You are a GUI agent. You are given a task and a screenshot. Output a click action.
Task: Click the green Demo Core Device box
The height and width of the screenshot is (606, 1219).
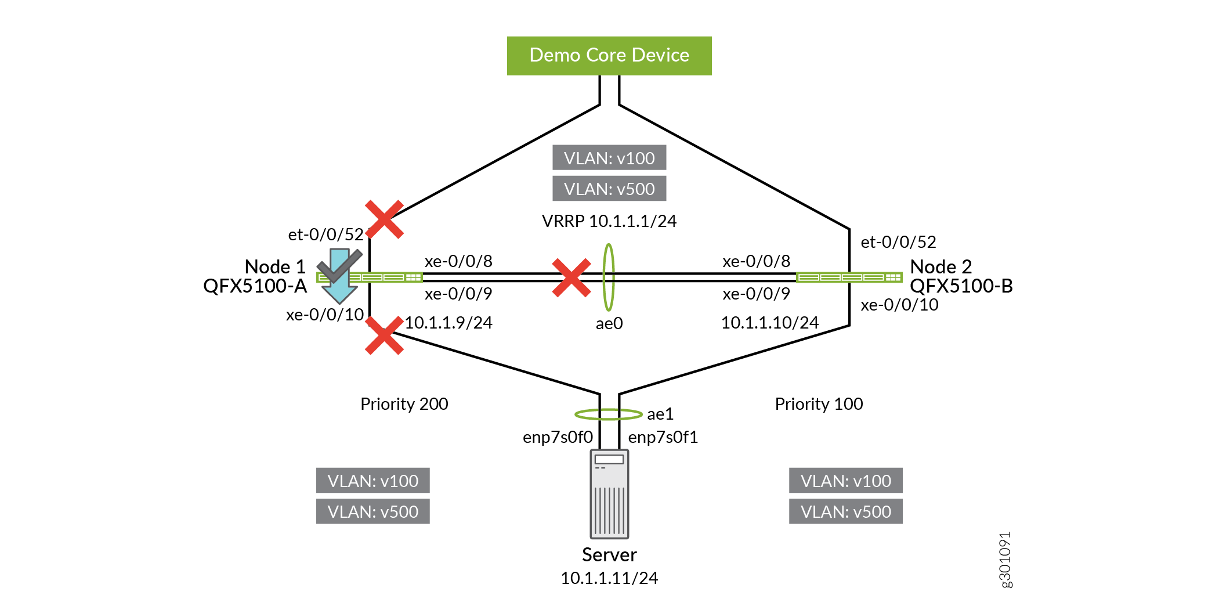coord(609,56)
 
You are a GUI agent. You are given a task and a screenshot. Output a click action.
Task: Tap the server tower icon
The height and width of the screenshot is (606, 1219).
coord(609,494)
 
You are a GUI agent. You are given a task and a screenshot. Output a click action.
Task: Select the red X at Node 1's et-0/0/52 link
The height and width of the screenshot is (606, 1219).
coord(384,219)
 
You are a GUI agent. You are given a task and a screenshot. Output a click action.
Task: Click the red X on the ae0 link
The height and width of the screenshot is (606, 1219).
coord(571,277)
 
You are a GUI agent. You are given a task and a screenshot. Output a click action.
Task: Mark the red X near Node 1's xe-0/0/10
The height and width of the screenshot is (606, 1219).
coord(384,336)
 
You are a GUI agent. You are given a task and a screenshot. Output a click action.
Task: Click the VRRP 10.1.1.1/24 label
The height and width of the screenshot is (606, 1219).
coord(609,221)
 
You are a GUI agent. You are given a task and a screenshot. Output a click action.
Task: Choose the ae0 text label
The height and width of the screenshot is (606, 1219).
coord(609,323)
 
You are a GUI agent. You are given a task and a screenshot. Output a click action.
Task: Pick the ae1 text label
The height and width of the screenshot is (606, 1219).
coord(660,414)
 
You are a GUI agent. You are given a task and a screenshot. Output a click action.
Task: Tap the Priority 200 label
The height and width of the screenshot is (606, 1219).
coord(404,404)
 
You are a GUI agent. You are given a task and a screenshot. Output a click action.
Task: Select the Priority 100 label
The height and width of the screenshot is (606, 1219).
coord(819,404)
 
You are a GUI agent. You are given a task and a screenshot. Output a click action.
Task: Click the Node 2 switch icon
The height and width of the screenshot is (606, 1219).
coord(849,277)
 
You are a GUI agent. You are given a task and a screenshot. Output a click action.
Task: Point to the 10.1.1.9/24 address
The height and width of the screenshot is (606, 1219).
coord(448,323)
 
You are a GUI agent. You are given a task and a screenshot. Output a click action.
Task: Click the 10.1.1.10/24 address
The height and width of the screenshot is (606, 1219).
coord(770,323)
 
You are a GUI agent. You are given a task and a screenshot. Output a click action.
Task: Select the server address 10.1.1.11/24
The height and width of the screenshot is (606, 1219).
coord(609,578)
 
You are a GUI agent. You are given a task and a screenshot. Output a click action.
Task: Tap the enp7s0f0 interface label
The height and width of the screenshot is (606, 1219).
coord(558,437)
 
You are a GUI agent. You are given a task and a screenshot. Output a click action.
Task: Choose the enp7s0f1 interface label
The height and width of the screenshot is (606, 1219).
coord(663,437)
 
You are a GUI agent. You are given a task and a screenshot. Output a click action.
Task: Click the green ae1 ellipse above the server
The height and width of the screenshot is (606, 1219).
coord(608,414)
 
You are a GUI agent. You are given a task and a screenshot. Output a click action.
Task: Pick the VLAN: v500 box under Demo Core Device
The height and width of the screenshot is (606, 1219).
coord(609,189)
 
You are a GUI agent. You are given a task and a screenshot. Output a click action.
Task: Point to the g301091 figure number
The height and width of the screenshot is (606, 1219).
coord(1005,560)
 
